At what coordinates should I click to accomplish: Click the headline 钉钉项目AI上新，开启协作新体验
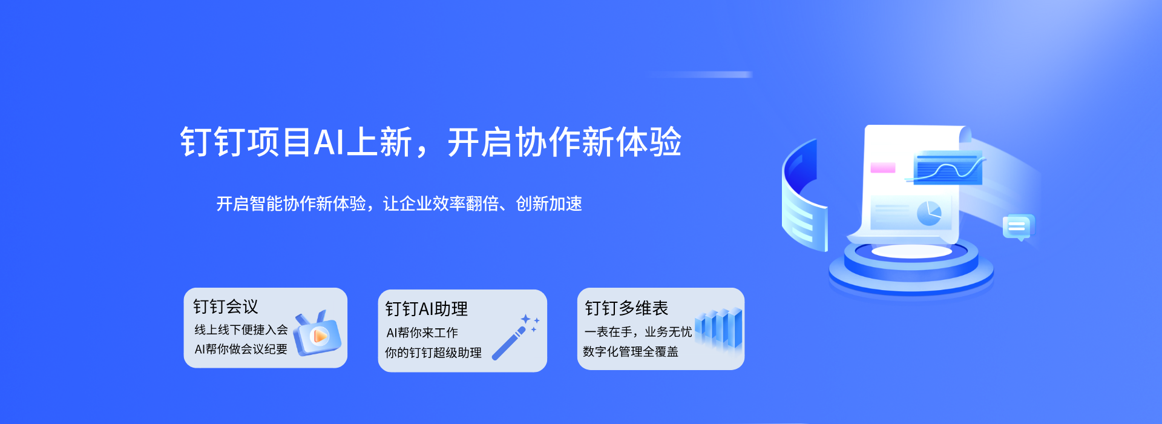[431, 143]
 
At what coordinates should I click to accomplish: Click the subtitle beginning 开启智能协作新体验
[399, 204]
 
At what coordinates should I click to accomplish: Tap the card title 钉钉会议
[226, 307]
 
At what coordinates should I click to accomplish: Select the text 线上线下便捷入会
[241, 330]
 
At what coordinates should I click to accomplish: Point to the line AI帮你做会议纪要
[241, 349]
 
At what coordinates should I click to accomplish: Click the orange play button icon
[319, 336]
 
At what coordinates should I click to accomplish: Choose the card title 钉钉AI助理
[427, 310]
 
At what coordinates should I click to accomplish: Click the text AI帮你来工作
[422, 333]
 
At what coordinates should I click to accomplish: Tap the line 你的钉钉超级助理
[433, 353]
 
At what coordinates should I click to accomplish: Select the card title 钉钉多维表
[626, 309]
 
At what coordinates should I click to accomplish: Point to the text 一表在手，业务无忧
[638, 332]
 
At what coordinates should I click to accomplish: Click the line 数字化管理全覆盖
[631, 352]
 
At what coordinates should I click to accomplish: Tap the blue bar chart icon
[719, 328]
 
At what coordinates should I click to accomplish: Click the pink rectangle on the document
[882, 168]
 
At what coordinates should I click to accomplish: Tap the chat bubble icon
[1019, 227]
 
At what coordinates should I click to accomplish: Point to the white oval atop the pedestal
[911, 251]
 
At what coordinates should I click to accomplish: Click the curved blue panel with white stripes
[800, 197]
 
